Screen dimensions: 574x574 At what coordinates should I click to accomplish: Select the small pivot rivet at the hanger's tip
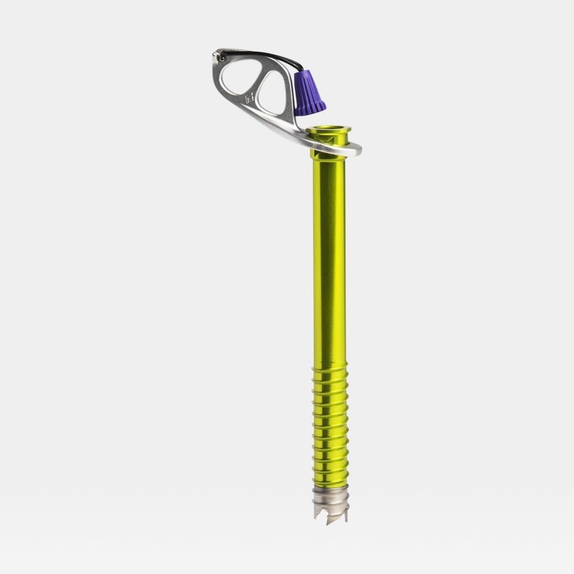pyautogui.click(x=222, y=56)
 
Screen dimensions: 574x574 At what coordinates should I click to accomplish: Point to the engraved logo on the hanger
pyautogui.click(x=249, y=98)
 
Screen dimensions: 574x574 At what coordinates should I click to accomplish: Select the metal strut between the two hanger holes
pyautogui.click(x=257, y=84)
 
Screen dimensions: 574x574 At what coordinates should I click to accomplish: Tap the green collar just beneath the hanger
pyautogui.click(x=328, y=155)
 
